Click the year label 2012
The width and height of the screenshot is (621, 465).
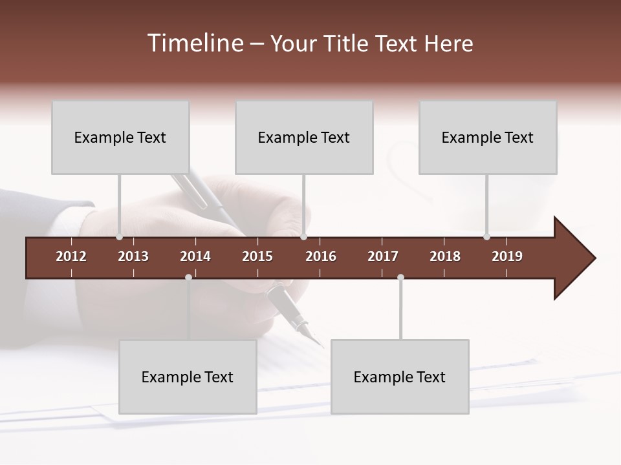click(x=71, y=256)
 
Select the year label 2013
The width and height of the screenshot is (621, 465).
click(x=133, y=256)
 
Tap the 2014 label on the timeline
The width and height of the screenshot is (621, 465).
click(x=195, y=256)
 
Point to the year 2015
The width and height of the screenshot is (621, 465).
click(x=257, y=256)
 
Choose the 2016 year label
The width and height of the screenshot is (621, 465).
click(x=321, y=256)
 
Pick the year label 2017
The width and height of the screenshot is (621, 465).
click(x=383, y=256)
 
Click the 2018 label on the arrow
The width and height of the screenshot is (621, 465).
click(x=445, y=256)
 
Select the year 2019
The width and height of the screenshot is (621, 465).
click(x=507, y=256)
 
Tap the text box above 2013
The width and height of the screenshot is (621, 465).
click(x=120, y=137)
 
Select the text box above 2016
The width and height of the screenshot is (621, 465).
click(x=304, y=137)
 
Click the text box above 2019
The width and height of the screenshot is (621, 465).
click(x=488, y=137)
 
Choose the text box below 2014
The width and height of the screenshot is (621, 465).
click(x=188, y=377)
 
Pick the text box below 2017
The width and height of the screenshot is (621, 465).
click(x=400, y=377)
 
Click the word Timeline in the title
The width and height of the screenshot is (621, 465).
click(x=194, y=43)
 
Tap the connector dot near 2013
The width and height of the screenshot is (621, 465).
click(x=119, y=237)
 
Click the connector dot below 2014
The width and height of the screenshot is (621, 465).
click(x=188, y=277)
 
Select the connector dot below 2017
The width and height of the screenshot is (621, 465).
click(x=400, y=277)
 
